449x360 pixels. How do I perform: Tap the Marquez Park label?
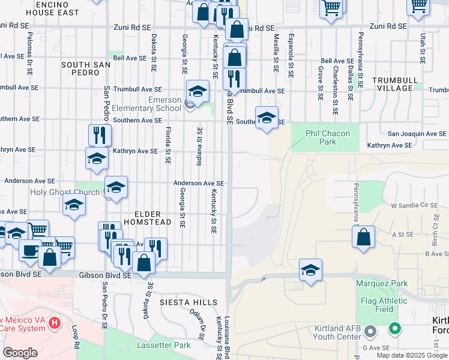point(381,283)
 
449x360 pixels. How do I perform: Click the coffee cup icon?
point(30,250)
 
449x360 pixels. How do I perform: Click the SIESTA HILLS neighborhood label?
point(184,302)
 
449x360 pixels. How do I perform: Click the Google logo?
point(20,353)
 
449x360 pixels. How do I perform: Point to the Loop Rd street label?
point(76,337)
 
